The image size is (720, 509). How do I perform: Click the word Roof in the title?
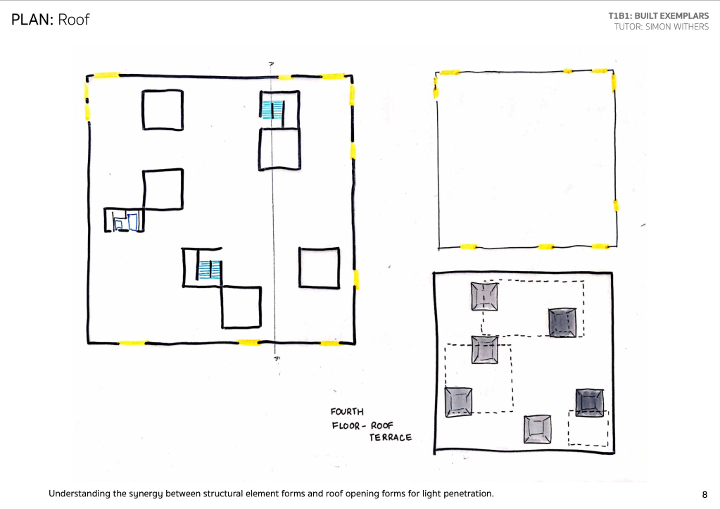click(x=74, y=20)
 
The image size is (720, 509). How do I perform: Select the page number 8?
click(x=705, y=494)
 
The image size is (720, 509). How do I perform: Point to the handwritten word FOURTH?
click(x=347, y=412)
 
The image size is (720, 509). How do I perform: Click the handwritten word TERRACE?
click(x=391, y=437)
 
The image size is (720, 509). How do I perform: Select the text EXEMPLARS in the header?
click(x=684, y=15)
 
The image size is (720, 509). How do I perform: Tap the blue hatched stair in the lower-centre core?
click(x=210, y=270)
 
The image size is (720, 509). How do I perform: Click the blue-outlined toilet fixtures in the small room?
click(x=125, y=222)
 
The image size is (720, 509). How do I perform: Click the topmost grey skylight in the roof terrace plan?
click(x=484, y=296)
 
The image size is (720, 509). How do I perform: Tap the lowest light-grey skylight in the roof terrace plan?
click(x=537, y=429)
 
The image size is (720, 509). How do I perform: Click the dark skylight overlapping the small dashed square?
click(x=590, y=403)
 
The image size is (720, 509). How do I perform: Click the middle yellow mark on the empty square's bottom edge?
click(x=546, y=247)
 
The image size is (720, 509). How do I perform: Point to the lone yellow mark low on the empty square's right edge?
click(x=616, y=206)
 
